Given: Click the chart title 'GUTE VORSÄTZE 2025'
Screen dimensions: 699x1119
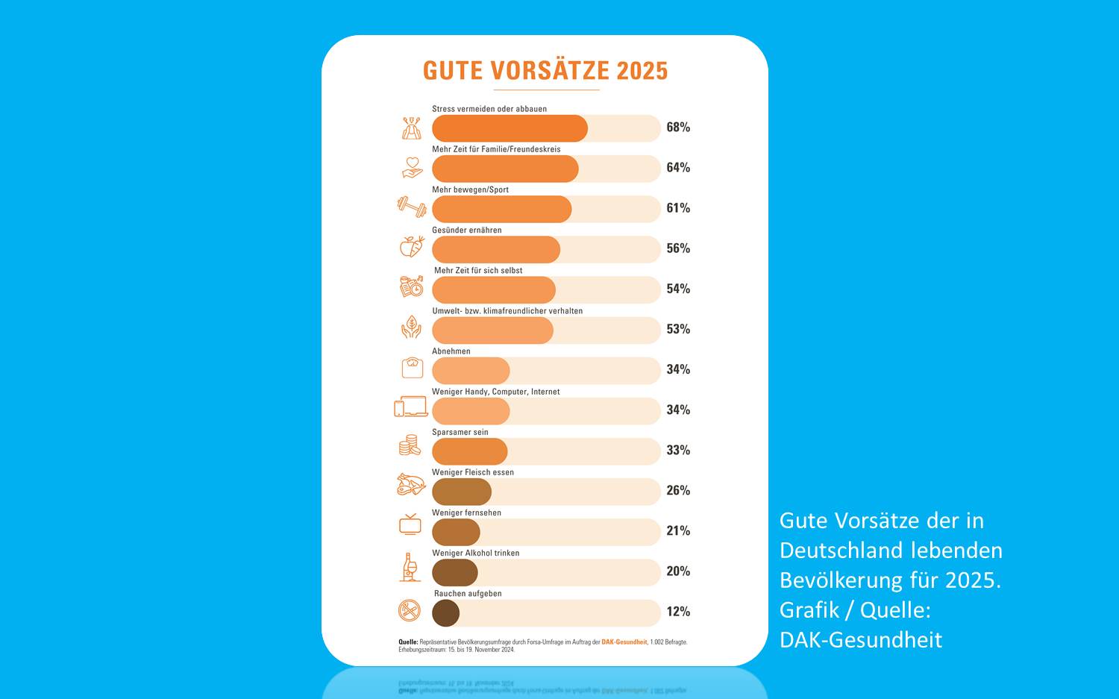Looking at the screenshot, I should [x=545, y=71].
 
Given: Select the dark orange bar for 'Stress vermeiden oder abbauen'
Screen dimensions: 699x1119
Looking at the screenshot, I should [x=510, y=128].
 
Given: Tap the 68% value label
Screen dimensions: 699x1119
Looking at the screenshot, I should [x=678, y=128].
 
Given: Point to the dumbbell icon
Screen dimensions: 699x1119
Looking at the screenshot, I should [x=411, y=207].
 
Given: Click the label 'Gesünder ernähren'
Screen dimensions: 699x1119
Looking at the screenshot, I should [x=467, y=230].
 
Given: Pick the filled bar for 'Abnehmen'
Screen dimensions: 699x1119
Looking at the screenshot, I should [x=471, y=371].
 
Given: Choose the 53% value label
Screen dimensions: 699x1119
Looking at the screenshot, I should [x=678, y=329].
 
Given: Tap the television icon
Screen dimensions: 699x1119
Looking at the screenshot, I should [x=410, y=524].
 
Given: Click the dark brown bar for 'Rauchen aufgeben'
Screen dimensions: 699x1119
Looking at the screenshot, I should [x=445, y=612].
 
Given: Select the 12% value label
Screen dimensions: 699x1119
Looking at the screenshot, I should [x=678, y=612].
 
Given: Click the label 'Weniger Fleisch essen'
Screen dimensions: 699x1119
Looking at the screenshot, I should [x=473, y=472].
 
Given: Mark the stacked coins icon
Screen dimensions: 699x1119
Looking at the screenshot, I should [x=409, y=445].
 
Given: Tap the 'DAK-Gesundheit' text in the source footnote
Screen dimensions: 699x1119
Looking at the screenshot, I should [x=624, y=642].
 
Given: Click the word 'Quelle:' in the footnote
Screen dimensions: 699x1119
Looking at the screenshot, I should [x=408, y=642].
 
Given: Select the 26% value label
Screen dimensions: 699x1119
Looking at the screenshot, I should [x=678, y=490].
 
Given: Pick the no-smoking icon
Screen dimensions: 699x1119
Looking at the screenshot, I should [x=410, y=611].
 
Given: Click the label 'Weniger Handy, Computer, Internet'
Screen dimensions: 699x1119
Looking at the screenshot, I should [x=496, y=392].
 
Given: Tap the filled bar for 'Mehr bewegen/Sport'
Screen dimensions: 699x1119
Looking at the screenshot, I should [x=501, y=209].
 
